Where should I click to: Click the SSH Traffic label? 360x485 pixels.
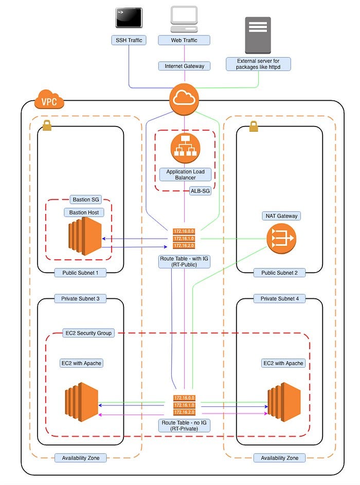pos(129,40)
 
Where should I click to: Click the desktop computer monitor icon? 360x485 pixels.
pos(184,18)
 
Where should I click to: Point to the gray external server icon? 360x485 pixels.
pos(258,35)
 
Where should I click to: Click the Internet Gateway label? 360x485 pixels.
pos(184,66)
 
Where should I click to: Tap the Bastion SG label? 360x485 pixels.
pos(84,200)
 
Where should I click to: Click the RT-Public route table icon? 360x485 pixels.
pos(184,239)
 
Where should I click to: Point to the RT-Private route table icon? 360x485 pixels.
pos(184,405)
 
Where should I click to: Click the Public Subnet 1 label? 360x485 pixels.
pos(80,273)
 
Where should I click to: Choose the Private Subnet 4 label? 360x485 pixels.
pos(279,299)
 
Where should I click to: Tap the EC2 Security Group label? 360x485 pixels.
pos(87,333)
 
